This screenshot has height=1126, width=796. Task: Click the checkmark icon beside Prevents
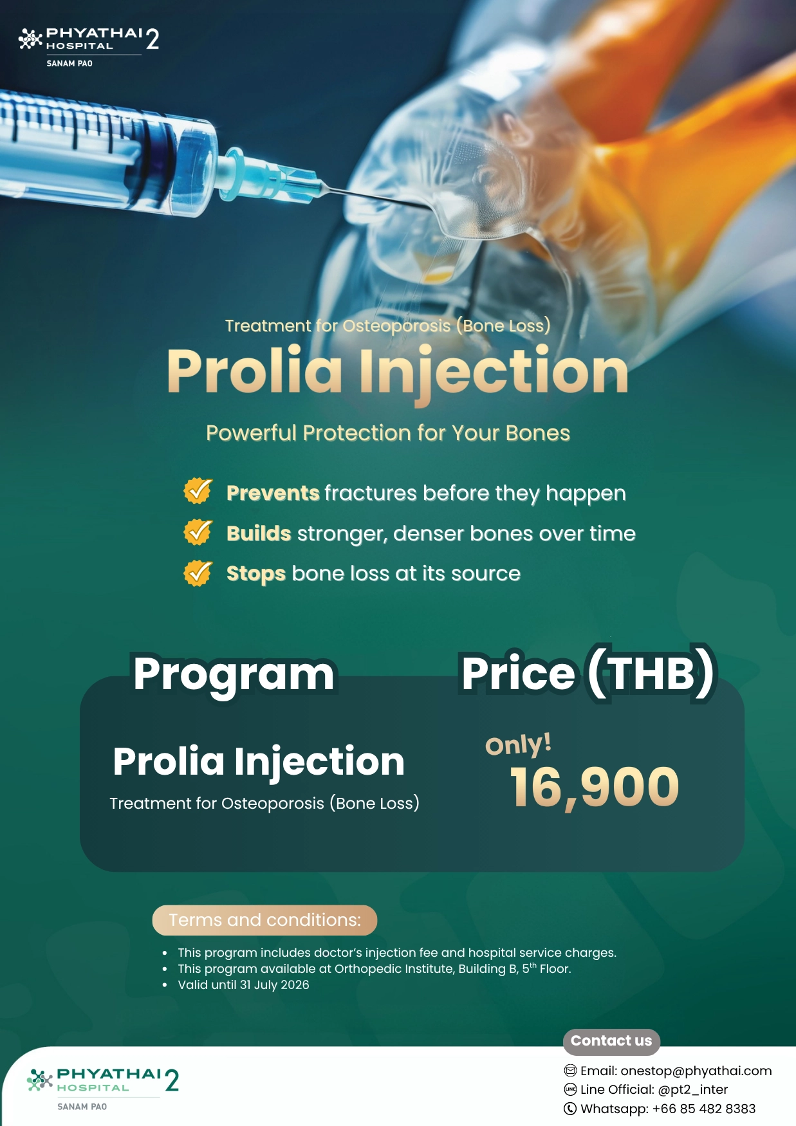coord(198,491)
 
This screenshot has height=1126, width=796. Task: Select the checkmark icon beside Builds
coord(198,532)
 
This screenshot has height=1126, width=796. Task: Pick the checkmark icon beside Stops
coord(198,573)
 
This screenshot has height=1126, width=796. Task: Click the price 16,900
coord(595,787)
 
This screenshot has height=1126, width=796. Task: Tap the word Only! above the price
coord(518,744)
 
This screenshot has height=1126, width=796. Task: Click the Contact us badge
coord(611,1041)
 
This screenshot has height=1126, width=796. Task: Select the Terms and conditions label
coord(264,920)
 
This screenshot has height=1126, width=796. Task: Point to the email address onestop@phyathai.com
coord(696,1071)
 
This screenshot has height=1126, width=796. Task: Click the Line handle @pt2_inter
coord(693,1089)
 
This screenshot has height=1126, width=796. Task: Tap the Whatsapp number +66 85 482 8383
coord(704,1109)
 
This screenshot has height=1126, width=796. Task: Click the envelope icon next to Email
coord(570,1071)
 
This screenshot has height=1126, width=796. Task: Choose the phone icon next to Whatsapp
coord(570,1109)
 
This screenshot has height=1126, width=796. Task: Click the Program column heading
coord(234,675)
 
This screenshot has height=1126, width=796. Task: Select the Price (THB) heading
coord(588,674)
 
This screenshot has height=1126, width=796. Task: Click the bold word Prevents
coord(273,493)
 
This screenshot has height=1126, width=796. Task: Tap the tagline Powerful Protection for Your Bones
coord(388,433)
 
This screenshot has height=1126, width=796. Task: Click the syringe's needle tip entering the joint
coord(430,207)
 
